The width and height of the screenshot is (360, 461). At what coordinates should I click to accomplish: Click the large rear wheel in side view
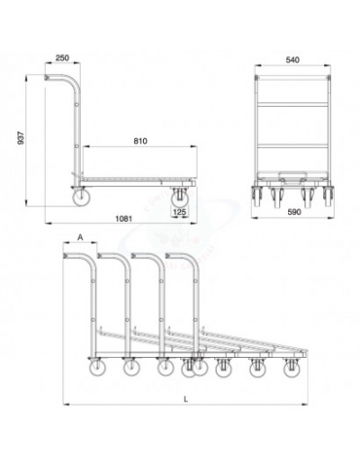coord(79,198)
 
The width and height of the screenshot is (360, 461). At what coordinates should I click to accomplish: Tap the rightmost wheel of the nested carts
coord(291,370)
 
